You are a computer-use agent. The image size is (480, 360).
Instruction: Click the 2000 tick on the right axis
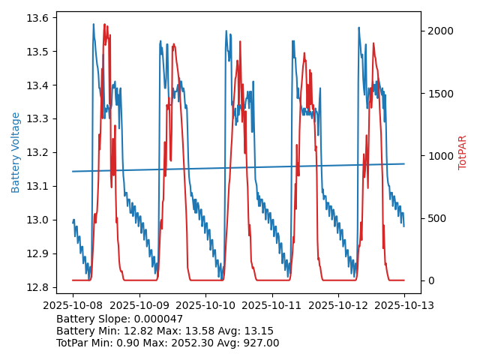coord(439,31)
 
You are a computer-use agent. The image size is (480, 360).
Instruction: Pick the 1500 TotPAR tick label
coord(439,93)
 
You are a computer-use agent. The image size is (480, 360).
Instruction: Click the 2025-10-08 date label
coord(73,305)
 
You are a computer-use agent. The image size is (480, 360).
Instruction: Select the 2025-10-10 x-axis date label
coord(205,305)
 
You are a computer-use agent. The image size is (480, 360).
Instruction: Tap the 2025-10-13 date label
coord(404,305)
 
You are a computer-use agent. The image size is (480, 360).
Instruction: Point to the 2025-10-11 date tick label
coord(271,305)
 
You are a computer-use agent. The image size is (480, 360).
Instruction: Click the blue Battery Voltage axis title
coord(16,152)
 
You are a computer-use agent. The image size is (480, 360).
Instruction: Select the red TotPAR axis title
coord(462,152)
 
